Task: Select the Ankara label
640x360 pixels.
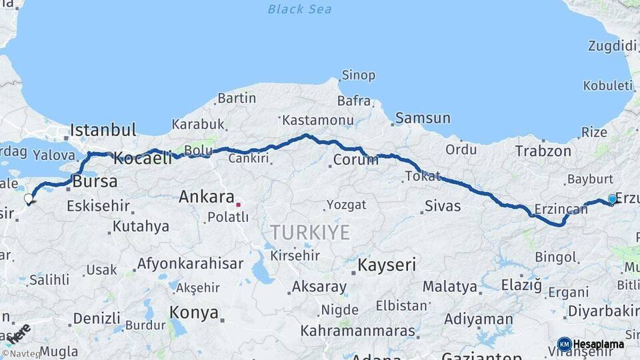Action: (206, 197)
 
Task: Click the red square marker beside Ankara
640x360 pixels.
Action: (238, 204)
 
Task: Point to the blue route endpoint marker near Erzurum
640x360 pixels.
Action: (612, 199)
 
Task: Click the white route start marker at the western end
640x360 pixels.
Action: (29, 198)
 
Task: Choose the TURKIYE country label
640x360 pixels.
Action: (309, 232)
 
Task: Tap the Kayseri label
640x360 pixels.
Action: (387, 265)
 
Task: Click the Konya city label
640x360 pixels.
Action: (193, 312)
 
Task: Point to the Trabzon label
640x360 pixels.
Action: (543, 151)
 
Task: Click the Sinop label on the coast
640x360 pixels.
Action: (358, 75)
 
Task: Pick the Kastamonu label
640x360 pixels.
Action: (317, 120)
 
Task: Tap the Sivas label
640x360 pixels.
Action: (443, 206)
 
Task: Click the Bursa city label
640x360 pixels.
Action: (95, 181)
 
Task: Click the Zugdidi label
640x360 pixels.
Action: (612, 45)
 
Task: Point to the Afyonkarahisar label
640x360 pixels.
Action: (190, 263)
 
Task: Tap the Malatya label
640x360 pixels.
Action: (450, 287)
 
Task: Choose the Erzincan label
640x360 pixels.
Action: (561, 210)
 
